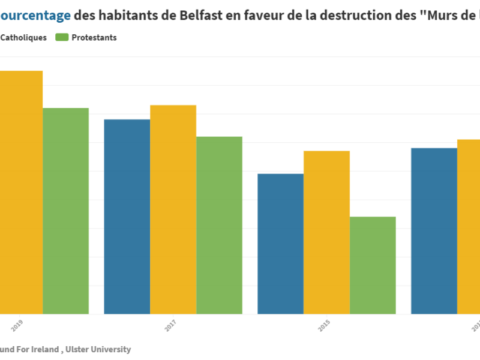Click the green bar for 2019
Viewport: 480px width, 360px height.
66,211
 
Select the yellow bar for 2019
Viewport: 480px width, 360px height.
21,192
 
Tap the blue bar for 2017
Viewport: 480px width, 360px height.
127,216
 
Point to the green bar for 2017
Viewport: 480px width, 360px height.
219,225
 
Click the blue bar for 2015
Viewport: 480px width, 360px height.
280,243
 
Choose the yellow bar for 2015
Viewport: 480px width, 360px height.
326,232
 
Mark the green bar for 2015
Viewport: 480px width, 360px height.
373,265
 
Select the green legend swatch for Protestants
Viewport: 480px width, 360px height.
61,37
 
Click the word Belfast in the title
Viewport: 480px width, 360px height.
202,15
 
